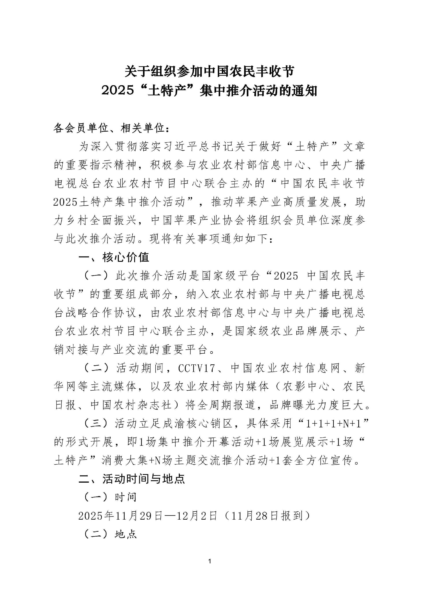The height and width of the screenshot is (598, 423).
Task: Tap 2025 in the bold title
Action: (x=117, y=91)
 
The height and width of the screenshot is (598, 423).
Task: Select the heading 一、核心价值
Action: (x=114, y=257)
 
